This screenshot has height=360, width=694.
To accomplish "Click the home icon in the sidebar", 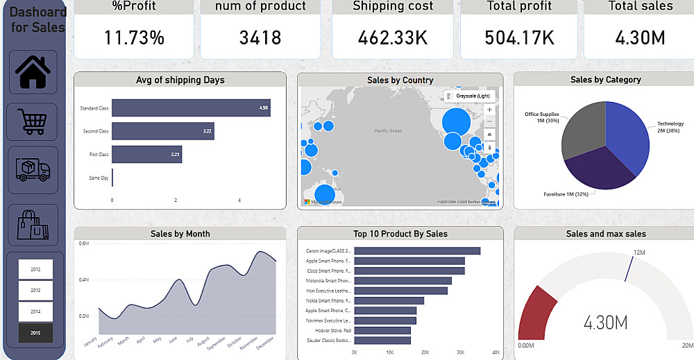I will pos(33,72).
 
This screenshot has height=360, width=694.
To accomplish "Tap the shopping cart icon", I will pos(33,122).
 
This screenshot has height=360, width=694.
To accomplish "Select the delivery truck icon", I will pos(33,170).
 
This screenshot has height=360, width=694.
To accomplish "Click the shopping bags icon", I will pos(33,224).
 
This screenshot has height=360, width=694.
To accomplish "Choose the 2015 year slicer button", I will pos(35,333).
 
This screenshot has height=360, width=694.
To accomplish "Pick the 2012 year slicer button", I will pos(35,269).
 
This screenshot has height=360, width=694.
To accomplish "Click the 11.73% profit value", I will pos(134,37).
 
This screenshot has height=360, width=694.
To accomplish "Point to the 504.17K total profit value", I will pos(520,37).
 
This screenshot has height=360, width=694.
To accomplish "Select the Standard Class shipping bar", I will pos(191,108).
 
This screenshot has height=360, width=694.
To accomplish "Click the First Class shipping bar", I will pos(146,154).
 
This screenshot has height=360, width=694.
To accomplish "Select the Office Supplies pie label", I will pos(542,118).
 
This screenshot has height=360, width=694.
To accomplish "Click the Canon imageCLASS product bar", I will pos(417,250).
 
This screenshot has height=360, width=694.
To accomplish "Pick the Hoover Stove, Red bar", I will pos(382,330).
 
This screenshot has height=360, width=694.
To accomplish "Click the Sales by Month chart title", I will pos(180,234).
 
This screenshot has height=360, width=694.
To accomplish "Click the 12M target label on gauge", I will pos(639,252).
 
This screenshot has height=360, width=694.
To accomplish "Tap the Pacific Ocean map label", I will pos(388,130).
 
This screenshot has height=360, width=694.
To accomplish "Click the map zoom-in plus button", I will pos(489,110).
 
